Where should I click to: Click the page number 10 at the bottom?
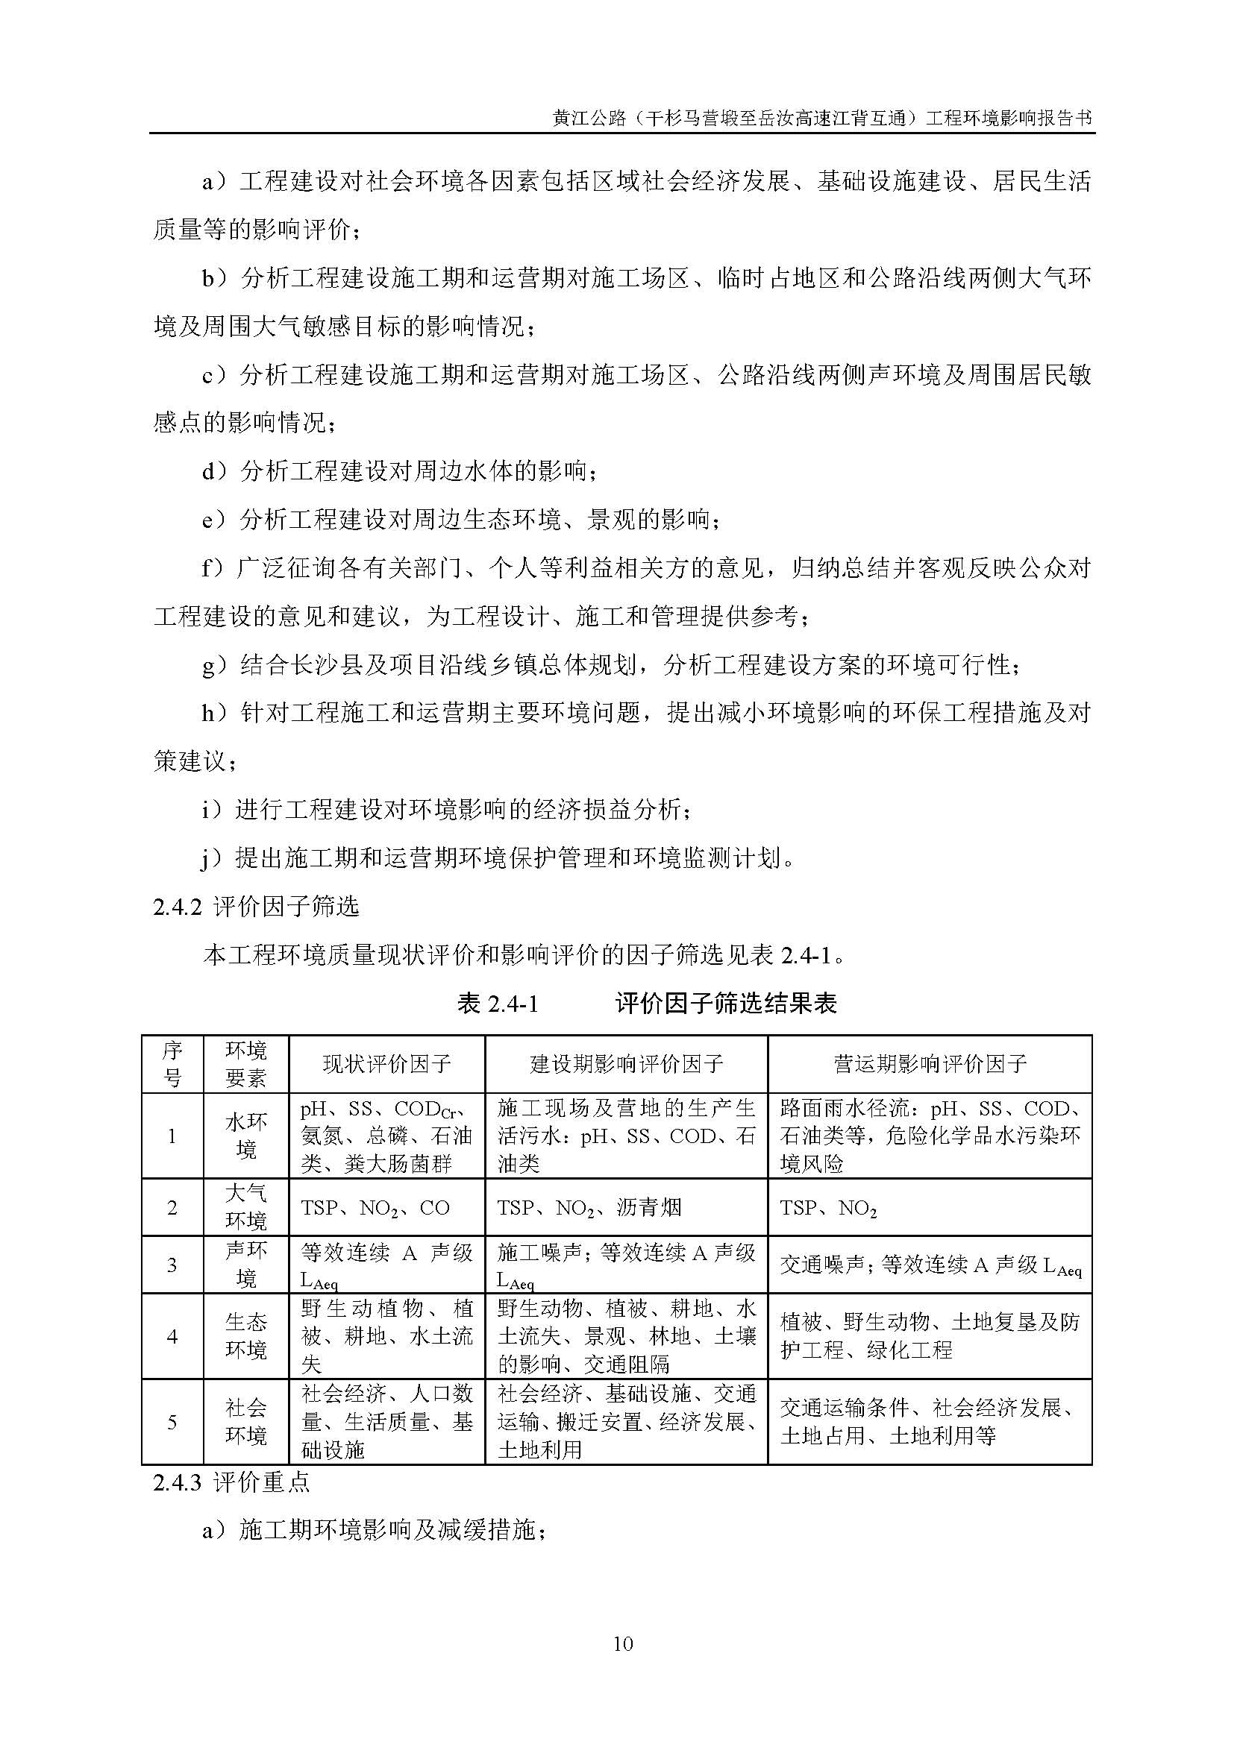[622, 1644]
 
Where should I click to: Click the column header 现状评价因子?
[386, 1063]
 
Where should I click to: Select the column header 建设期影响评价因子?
[626, 1063]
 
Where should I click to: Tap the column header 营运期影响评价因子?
[930, 1063]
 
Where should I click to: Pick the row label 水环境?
[246, 1136]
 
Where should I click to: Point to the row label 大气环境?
[246, 1207]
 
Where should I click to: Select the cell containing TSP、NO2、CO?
[375, 1208]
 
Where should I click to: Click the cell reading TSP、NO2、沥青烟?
[589, 1208]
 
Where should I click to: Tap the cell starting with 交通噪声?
[930, 1265]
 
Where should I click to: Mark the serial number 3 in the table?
[172, 1265]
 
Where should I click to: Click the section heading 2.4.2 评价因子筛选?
[256, 907]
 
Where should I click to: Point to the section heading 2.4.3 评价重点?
[231, 1482]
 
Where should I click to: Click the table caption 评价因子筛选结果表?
[726, 1004]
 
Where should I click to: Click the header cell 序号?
[172, 1063]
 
